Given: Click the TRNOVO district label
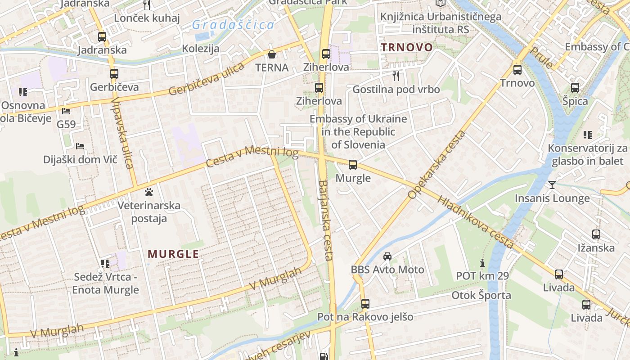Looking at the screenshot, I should tap(407, 47).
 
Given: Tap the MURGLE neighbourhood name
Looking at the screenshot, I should tap(173, 254).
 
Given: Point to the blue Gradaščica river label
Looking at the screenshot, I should tap(233, 25).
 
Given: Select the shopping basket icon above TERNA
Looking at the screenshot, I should tap(272, 54).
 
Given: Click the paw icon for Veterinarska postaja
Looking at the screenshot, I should tap(149, 193).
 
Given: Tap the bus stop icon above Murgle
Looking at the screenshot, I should tap(353, 165).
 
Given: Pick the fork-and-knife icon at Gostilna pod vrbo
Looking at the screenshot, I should tap(396, 76).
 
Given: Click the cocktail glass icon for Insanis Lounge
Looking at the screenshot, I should tap(552, 184).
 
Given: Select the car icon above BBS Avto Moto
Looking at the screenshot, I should tap(387, 256).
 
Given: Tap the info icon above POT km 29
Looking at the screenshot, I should tap(482, 262).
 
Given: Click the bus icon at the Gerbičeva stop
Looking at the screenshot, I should tap(114, 73).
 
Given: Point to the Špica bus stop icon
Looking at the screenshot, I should tap(575, 88).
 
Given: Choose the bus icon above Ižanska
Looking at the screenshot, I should tap(596, 234).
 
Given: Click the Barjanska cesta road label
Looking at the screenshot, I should tap(325, 220).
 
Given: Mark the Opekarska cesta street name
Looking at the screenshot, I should tap(437, 165).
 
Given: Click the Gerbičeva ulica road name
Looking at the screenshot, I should tap(207, 79).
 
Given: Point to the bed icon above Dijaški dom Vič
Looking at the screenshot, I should tap(80, 146).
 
